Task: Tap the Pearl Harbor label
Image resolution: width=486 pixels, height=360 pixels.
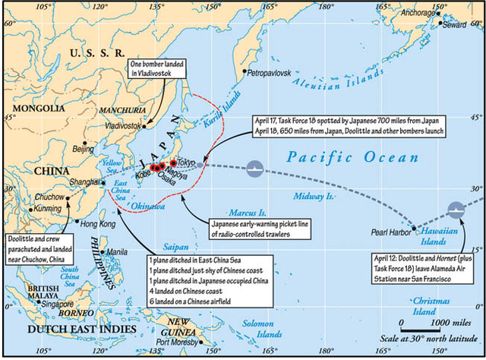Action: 387,231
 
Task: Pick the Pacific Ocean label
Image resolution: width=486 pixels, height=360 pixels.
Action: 353,158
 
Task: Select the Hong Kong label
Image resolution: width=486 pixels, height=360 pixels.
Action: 98,225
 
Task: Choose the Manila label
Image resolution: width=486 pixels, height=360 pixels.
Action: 117,252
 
